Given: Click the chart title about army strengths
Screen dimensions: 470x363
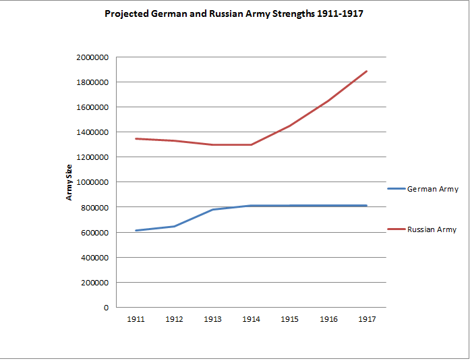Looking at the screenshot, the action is pyautogui.click(x=234, y=13).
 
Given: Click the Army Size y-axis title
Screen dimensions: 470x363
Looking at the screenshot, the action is pyautogui.click(x=69, y=182).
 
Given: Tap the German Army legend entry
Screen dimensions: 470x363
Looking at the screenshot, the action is pyautogui.click(x=423, y=189).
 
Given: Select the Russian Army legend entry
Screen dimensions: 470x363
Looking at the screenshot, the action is pyautogui.click(x=422, y=229).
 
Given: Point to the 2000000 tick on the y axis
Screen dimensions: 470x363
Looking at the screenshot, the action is pyautogui.click(x=92, y=57).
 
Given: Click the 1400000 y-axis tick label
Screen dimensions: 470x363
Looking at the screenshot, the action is pyautogui.click(x=92, y=132).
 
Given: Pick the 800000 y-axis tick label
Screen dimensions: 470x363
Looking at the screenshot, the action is pyautogui.click(x=94, y=207).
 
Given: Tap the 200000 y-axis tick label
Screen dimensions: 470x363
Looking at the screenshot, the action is pyautogui.click(x=94, y=283).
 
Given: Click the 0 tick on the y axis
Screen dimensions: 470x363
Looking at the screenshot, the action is pyautogui.click(x=106, y=308).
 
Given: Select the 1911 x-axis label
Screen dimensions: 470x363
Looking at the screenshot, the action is pyautogui.click(x=136, y=319).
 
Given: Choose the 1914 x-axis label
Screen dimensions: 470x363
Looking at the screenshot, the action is pyautogui.click(x=252, y=319).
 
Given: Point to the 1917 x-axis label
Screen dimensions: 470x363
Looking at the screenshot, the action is pyautogui.click(x=367, y=319).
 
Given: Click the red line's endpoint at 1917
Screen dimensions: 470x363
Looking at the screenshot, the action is pyautogui.click(x=367, y=72).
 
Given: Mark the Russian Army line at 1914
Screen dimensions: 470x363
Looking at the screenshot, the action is pyautogui.click(x=252, y=144).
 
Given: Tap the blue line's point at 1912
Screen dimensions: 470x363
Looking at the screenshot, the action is pyautogui.click(x=175, y=226).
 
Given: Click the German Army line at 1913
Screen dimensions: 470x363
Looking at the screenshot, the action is pyautogui.click(x=213, y=209).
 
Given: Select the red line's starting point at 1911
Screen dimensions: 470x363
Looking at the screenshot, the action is pyautogui.click(x=136, y=138).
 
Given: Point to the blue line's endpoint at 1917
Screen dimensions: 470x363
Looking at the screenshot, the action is pyautogui.click(x=367, y=206).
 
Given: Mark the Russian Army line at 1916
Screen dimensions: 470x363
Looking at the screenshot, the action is pyautogui.click(x=328, y=101).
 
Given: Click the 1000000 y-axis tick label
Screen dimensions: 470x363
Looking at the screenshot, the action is pyautogui.click(x=92, y=182).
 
